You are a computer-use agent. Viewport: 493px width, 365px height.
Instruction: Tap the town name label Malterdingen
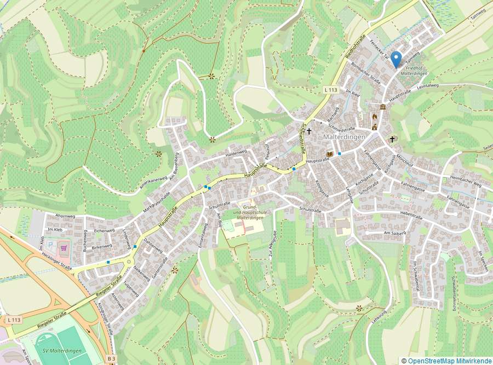(344, 137)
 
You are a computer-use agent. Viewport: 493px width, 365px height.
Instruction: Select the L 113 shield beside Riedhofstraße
(330, 89)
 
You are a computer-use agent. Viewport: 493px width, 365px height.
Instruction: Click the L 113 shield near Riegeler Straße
(15, 319)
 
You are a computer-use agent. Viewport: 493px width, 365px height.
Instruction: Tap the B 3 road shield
(111, 358)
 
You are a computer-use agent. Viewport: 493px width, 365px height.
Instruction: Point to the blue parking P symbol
(52, 246)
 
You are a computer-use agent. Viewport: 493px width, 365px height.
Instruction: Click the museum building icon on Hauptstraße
(382, 107)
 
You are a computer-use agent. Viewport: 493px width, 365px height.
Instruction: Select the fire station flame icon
(375, 117)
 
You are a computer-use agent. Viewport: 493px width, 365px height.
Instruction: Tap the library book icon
(329, 154)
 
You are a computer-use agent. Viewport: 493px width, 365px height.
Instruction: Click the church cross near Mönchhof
(392, 139)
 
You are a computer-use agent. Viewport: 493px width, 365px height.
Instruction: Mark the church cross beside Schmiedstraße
(309, 131)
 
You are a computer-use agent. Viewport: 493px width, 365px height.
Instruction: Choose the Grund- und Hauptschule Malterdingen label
(246, 212)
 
